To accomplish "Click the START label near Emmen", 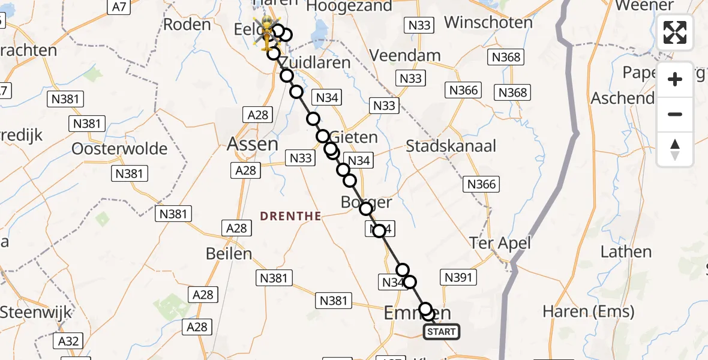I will (x=442, y=331).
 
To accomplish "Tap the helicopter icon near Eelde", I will (x=265, y=33).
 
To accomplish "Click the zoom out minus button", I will (x=675, y=115).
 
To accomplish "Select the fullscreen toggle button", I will (x=675, y=32).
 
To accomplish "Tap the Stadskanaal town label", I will (x=451, y=146).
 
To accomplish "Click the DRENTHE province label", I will (x=291, y=216).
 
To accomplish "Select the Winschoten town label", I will (x=488, y=23).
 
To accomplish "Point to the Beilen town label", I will (x=229, y=253).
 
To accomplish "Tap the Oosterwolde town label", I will (x=119, y=148).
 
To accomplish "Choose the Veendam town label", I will (x=405, y=55).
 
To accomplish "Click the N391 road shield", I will (x=458, y=277).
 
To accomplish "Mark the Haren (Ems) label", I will (x=588, y=311).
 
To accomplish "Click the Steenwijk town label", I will (x=36, y=313).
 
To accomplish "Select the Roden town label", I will (x=187, y=25).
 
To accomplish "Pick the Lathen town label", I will (x=626, y=251).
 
